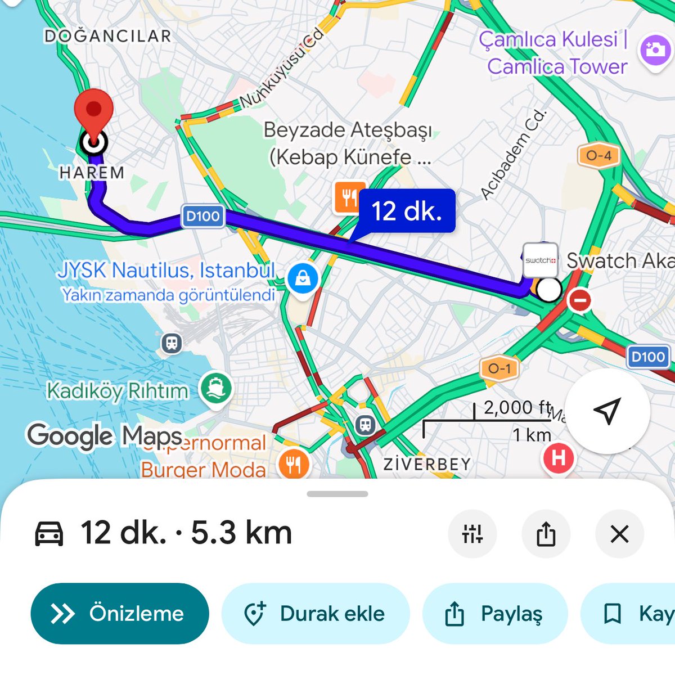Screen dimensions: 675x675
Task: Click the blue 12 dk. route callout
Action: tap(407, 211)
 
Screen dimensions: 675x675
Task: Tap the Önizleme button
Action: tap(120, 613)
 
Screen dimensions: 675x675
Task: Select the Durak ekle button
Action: tap(316, 613)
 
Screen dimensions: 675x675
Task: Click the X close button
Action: tap(619, 534)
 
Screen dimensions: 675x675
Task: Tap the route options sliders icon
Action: tap(472, 534)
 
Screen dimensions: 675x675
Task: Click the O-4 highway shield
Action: tap(598, 156)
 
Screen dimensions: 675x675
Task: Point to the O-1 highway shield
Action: tap(499, 369)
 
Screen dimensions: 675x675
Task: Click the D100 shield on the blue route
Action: tap(202, 217)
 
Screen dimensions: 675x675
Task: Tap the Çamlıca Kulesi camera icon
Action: tap(655, 50)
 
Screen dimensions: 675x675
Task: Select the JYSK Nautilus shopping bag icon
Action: tap(303, 277)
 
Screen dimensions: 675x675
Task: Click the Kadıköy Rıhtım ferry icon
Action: tap(216, 389)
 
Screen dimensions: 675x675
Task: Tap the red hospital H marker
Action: tap(558, 458)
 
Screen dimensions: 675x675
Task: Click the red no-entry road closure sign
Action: tap(579, 300)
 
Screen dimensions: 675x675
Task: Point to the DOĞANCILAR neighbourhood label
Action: tap(107, 37)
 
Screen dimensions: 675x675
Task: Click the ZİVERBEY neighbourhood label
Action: tap(427, 464)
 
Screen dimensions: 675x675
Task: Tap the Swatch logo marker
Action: tap(540, 260)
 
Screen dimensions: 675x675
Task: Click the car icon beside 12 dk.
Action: tap(49, 534)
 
